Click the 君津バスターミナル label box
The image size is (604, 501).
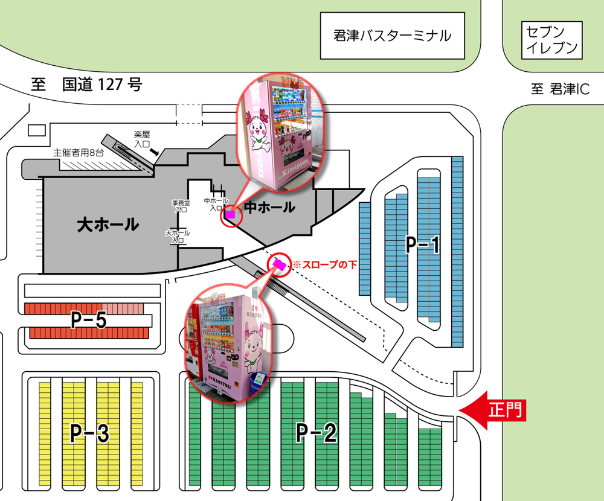click(x=392, y=36)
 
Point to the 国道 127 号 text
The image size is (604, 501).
click(x=102, y=85)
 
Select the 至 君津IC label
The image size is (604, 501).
click(x=560, y=89)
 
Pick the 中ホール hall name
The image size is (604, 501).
click(x=269, y=208)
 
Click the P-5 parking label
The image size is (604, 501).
click(x=88, y=321)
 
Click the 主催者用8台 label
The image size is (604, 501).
click(x=79, y=153)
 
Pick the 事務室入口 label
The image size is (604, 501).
click(x=181, y=206)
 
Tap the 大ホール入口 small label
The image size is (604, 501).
click(x=178, y=236)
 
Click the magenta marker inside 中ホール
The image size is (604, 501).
click(x=230, y=213)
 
